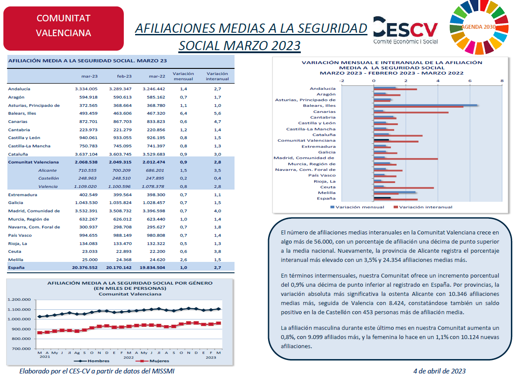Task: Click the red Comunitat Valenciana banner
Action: [64, 28]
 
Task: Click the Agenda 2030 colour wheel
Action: [479, 27]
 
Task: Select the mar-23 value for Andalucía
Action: [86, 89]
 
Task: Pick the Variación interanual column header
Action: [217, 76]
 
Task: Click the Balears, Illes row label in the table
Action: [22, 113]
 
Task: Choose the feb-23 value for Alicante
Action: [121, 170]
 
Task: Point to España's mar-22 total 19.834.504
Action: [152, 268]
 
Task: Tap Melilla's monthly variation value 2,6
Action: [184, 260]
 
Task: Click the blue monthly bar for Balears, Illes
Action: [425, 105]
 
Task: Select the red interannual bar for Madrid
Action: [406, 159]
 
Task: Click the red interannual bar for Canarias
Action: [411, 113]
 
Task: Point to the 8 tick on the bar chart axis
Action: [502, 81]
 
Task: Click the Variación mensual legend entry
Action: [357, 207]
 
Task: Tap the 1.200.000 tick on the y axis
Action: [19, 299]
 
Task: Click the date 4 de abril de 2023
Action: [439, 371]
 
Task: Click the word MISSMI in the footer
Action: [163, 371]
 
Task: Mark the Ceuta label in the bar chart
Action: [328, 187]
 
